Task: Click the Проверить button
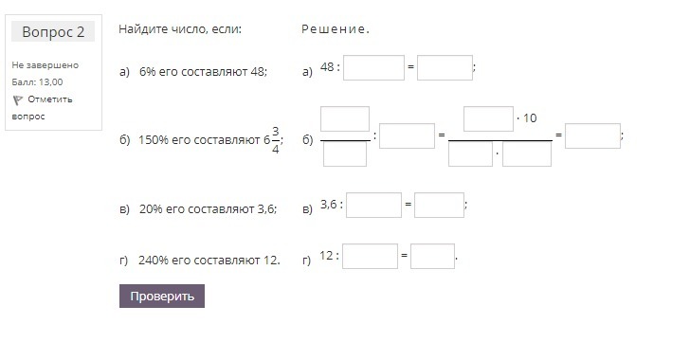[162, 296]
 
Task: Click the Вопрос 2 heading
[53, 31]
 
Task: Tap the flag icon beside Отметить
[18, 100]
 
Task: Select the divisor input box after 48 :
[373, 68]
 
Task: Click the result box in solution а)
[445, 68]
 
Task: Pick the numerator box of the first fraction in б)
[345, 118]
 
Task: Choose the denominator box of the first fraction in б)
[345, 154]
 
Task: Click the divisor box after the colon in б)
[407, 136]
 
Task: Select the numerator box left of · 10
[488, 118]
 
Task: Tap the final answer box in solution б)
[592, 136]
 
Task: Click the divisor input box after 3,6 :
[373, 205]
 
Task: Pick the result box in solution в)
[439, 205]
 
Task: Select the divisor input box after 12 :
[370, 256]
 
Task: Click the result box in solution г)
[432, 256]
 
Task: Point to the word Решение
[336, 29]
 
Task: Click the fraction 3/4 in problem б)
[276, 140]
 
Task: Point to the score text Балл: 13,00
[37, 82]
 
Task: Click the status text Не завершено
[45, 65]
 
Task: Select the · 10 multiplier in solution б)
[527, 117]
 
